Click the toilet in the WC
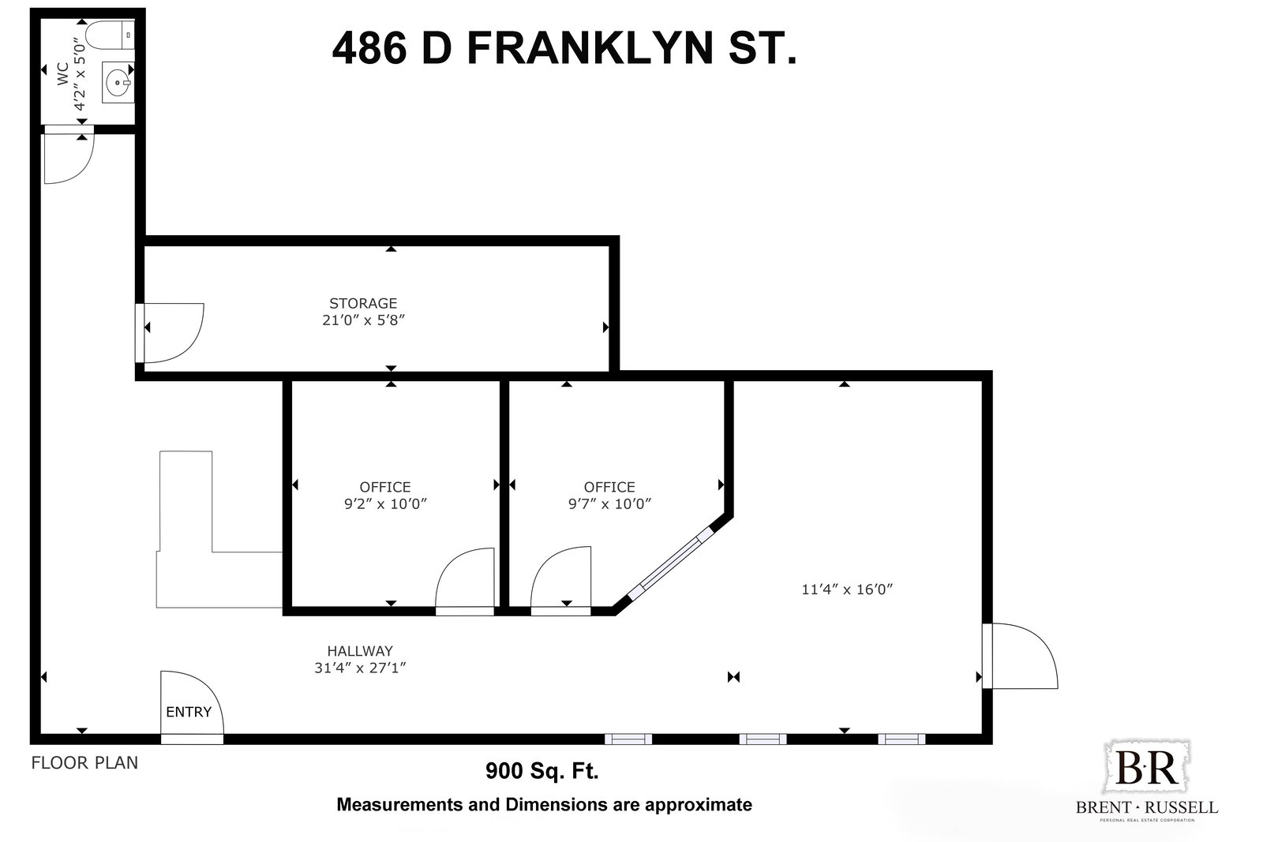(111, 35)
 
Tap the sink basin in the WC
(118, 83)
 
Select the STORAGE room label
(363, 303)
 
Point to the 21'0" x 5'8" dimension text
(364, 320)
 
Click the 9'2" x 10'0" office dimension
(386, 503)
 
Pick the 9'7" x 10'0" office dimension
(609, 503)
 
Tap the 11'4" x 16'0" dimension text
(847, 589)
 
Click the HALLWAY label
(360, 651)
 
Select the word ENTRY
(189, 712)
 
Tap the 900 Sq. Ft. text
(542, 770)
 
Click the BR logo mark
(1147, 768)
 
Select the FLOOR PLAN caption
(84, 762)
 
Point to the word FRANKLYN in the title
(590, 48)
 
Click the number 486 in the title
(370, 48)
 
